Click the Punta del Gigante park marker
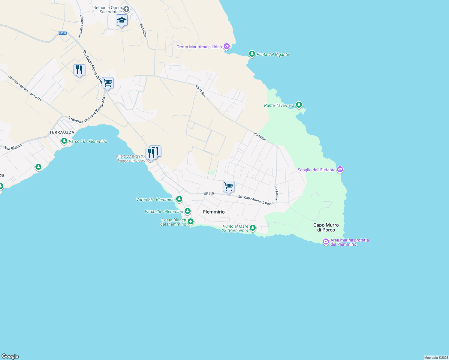coord(252,54)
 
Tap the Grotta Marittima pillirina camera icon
coord(227,46)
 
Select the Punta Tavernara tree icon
coord(299,105)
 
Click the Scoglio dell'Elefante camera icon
coord(340,169)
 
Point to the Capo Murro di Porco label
coord(326,227)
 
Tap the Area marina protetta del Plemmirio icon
coord(326,241)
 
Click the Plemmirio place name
coord(213,212)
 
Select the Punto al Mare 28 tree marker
coord(253,228)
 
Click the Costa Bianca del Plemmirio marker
coord(190,222)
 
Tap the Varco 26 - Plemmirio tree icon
coord(188,211)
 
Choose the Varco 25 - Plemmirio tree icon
coord(179,199)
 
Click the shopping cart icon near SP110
coord(228,187)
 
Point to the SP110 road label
coord(209,193)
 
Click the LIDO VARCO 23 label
coord(131,157)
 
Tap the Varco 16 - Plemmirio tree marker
coord(64,141)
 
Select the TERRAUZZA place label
coord(62,132)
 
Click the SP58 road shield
coord(63,33)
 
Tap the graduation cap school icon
coord(122,20)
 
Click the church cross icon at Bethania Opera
coord(126,9)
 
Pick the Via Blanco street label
coord(14,147)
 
